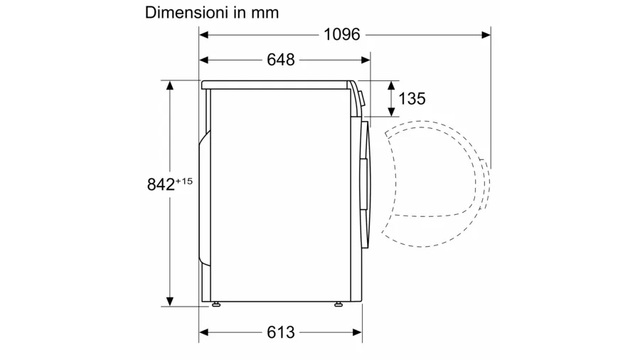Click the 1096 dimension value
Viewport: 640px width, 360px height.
click(341, 35)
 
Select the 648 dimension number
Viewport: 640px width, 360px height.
click(280, 60)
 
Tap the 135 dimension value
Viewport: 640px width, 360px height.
click(412, 99)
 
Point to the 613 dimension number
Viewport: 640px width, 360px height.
click(280, 332)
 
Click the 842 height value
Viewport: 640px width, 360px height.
click(161, 184)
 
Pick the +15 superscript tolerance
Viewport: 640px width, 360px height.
click(183, 181)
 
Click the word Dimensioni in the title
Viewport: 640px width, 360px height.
click(186, 13)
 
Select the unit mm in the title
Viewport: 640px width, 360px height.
click(265, 14)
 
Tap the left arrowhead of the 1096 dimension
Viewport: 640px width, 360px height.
click(204, 35)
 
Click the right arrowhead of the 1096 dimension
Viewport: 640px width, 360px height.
click(486, 35)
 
